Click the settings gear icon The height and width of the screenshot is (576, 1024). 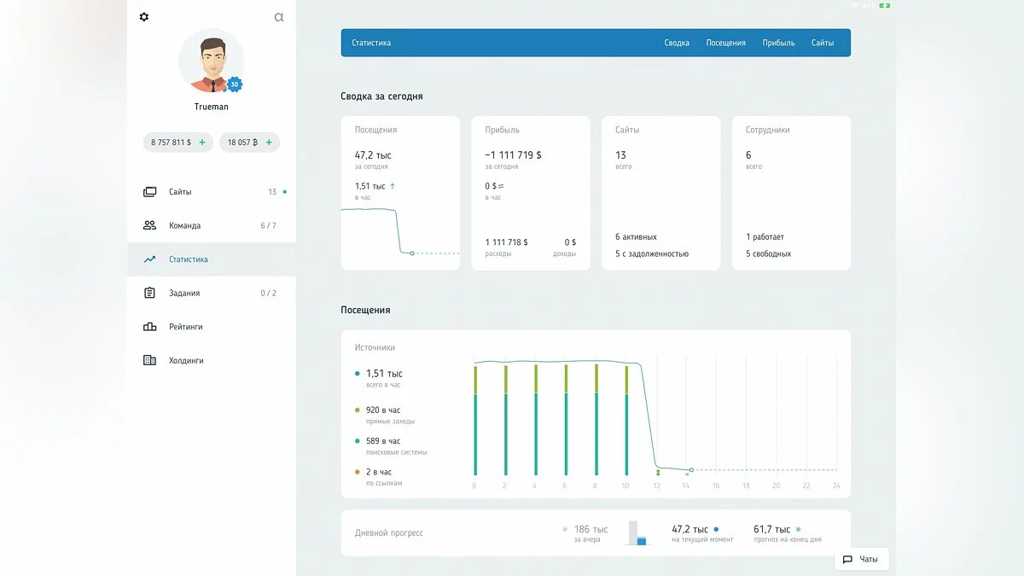point(143,17)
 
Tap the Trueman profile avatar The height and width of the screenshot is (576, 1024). point(211,61)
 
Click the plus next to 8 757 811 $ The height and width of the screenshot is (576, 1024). point(202,143)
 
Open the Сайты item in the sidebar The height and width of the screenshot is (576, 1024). point(180,192)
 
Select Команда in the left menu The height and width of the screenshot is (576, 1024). point(184,226)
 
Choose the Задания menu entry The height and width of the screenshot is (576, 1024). point(184,294)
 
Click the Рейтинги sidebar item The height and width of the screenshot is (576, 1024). point(185,327)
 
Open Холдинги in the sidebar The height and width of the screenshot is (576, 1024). point(186,361)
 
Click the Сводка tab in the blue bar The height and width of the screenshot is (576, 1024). point(677,43)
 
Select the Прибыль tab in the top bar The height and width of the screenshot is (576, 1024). point(778,43)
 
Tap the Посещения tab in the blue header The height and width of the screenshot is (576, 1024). point(725,43)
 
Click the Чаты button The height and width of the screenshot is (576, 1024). point(861,560)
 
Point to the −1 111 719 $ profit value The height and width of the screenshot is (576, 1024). point(513,155)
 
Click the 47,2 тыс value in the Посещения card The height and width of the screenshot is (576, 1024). point(373,155)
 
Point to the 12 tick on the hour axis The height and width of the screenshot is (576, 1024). point(656,486)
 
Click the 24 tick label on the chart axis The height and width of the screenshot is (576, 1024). point(836,486)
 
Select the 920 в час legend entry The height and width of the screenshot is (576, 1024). point(383,410)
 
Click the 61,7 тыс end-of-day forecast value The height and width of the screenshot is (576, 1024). point(771,530)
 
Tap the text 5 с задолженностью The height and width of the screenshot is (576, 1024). point(652,254)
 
